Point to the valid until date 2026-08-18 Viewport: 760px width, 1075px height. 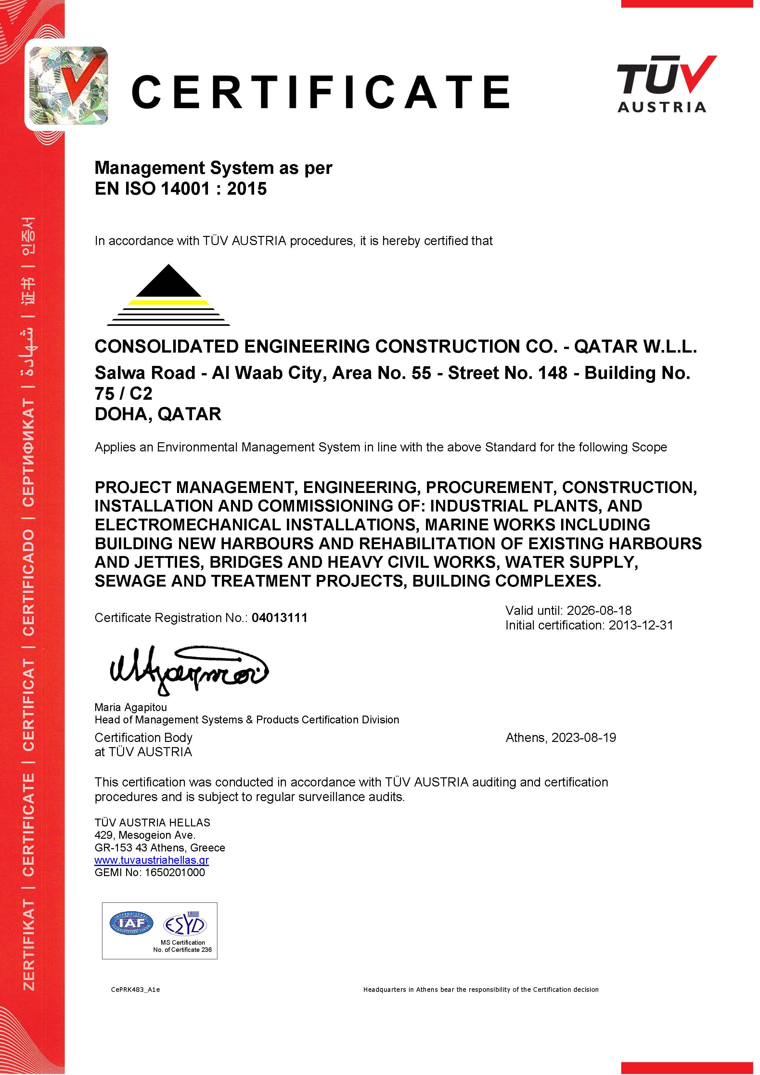pos(599,611)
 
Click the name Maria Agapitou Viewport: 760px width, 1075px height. pos(131,707)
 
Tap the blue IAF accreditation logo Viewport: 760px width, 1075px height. pos(131,923)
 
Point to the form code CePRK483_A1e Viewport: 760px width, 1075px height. pos(135,989)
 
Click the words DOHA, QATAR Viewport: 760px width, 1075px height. pos(158,414)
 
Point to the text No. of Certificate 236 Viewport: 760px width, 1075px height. pos(182,950)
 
